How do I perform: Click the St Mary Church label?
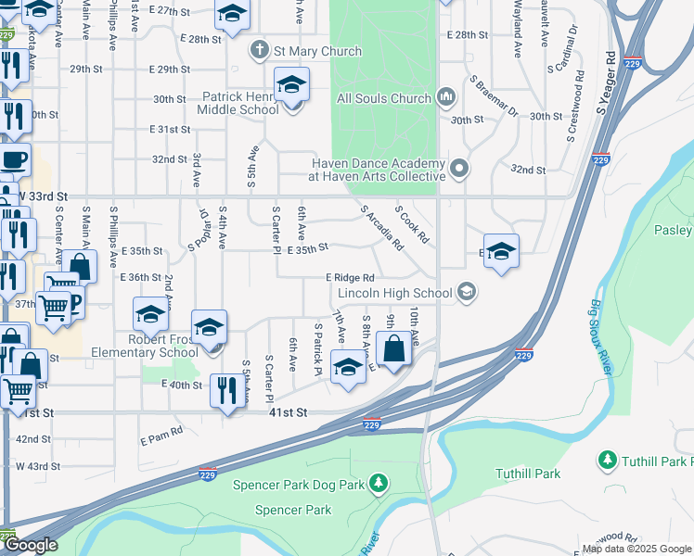pyautogui.click(x=302, y=51)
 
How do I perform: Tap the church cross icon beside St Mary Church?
pyautogui.click(x=260, y=51)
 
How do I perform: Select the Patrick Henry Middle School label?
pyautogui.click(x=238, y=102)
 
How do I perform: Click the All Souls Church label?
pyautogui.click(x=384, y=98)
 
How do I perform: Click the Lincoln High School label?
pyautogui.click(x=394, y=293)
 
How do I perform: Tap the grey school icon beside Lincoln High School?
pyautogui.click(x=467, y=293)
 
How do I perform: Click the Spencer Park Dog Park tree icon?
pyautogui.click(x=378, y=483)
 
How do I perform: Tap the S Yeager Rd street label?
pyautogui.click(x=608, y=83)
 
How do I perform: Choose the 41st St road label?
pyautogui.click(x=289, y=413)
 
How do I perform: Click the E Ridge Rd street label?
pyautogui.click(x=350, y=278)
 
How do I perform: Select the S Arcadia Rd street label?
pyautogui.click(x=381, y=228)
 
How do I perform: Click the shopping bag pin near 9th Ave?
pyautogui.click(x=393, y=350)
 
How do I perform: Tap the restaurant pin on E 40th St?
pyautogui.click(x=225, y=391)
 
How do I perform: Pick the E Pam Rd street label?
pyautogui.click(x=162, y=431)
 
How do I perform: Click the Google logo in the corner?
pyautogui.click(x=31, y=545)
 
